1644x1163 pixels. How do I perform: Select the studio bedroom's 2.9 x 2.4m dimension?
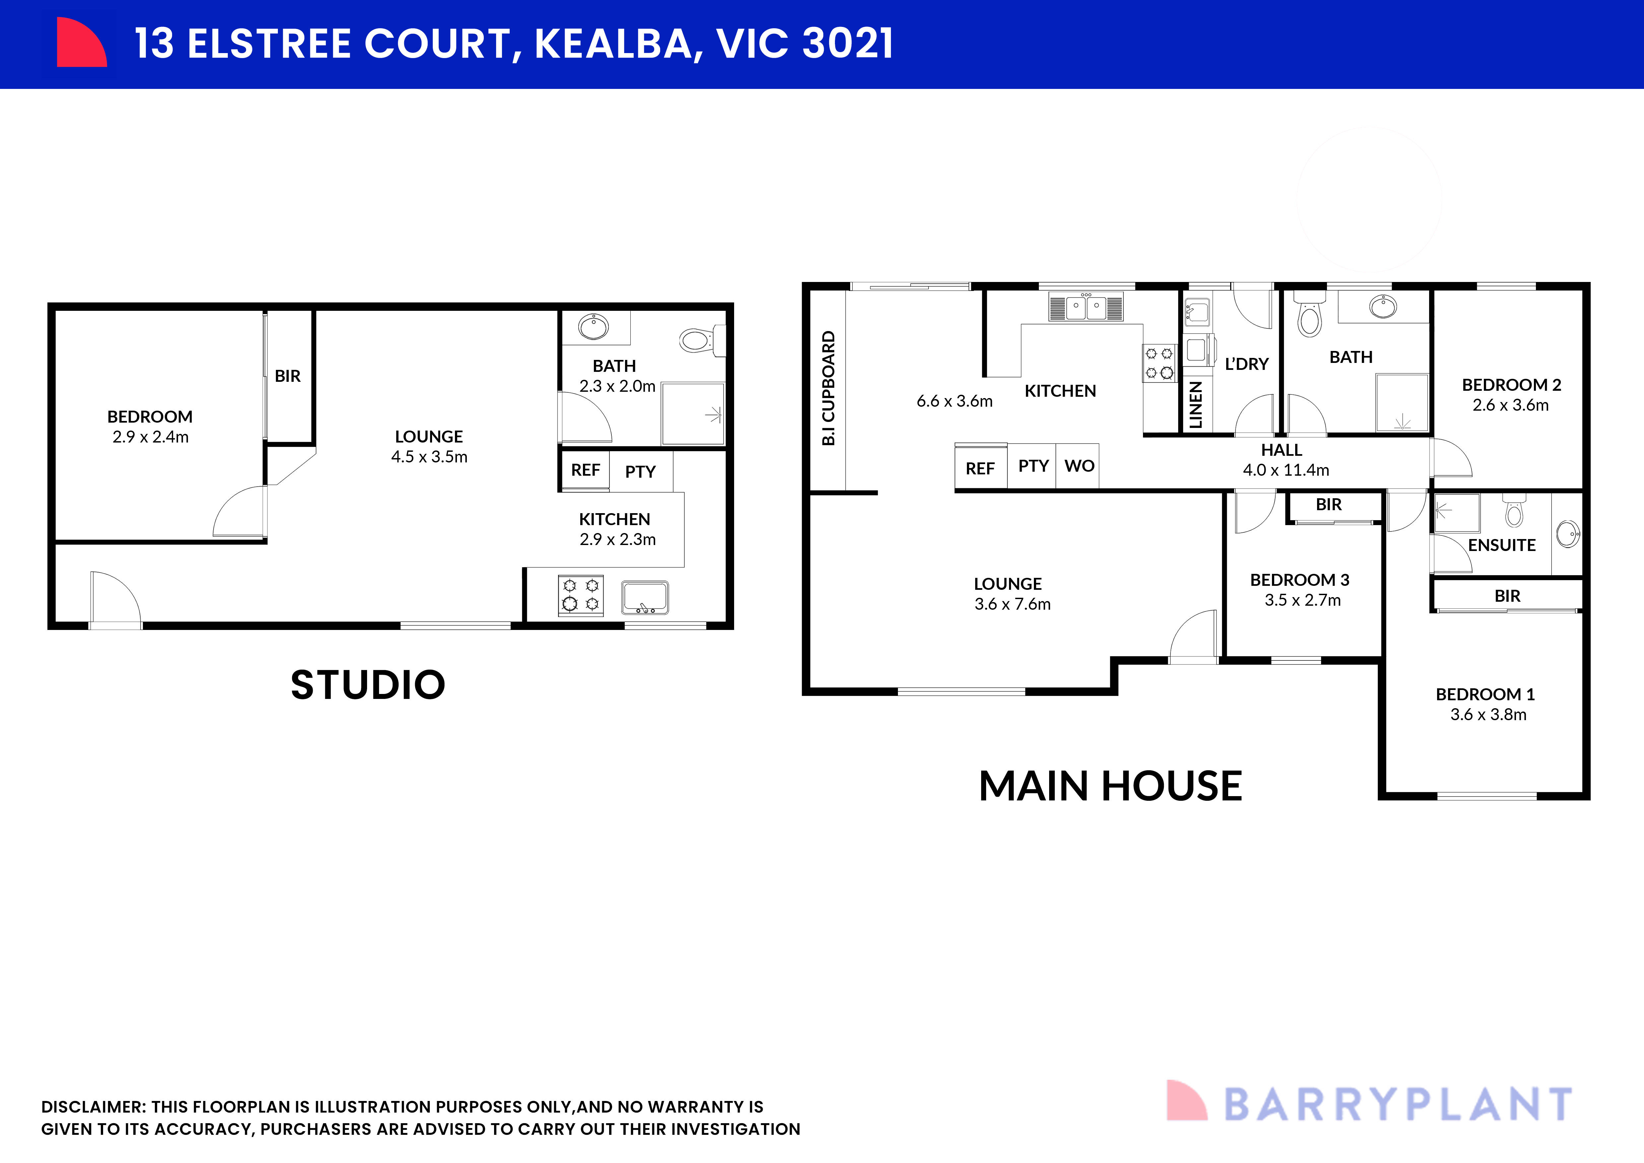tap(150, 437)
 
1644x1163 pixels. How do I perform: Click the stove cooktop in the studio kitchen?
tap(581, 595)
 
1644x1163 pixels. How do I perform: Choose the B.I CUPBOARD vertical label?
tap(828, 388)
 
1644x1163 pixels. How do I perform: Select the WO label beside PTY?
tap(1079, 466)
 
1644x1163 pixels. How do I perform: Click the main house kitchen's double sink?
tap(1086, 307)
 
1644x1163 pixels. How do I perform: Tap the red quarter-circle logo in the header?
tap(80, 43)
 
